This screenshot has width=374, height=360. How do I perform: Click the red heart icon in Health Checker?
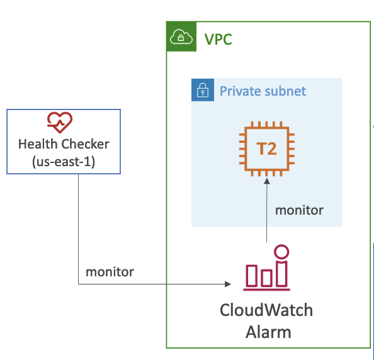pos(60,122)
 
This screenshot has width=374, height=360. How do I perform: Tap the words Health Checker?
pos(64,144)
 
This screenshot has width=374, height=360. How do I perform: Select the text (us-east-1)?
pos(64,162)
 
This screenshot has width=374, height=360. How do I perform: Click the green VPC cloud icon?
pos(181,37)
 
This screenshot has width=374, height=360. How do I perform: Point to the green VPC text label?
pos(218,39)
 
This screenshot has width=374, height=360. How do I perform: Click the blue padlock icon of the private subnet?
pos(203,90)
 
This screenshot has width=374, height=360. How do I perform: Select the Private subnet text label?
pos(263,91)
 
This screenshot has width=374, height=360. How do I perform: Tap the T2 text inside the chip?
pos(266,149)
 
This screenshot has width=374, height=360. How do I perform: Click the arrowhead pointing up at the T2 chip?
pos(267,181)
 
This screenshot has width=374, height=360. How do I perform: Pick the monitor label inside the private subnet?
pos(299,210)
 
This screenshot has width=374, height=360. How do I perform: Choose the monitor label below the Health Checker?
pos(110,272)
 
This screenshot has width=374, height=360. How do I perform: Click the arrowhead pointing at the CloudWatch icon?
pos(228,284)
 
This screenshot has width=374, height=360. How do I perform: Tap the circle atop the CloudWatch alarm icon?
pos(281,252)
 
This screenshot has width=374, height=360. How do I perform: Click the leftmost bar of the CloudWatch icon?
pos(252,276)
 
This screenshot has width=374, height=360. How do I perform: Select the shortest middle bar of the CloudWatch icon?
pos(266,278)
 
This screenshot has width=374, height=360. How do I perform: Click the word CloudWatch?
pos(266,310)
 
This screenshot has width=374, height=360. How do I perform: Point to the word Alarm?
pos(268,332)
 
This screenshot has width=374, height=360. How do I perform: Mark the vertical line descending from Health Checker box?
pos(79,229)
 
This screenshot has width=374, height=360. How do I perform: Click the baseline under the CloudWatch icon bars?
pos(267,290)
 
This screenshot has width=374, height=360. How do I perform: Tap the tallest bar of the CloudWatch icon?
pos(281,274)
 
